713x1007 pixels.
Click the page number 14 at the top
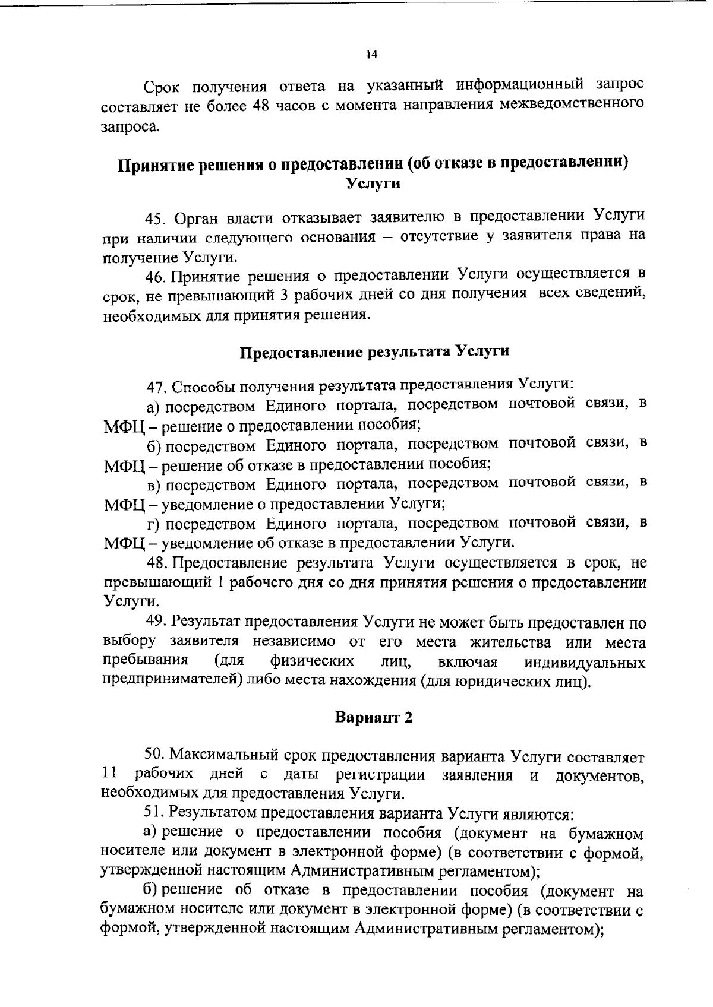click(371, 55)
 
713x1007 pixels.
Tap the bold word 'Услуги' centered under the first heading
click(373, 184)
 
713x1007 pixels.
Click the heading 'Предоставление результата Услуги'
click(374, 351)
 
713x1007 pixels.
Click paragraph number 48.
click(157, 563)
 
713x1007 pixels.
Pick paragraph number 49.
click(157, 622)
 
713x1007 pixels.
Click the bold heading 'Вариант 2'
click(374, 718)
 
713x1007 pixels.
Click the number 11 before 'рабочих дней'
click(108, 774)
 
